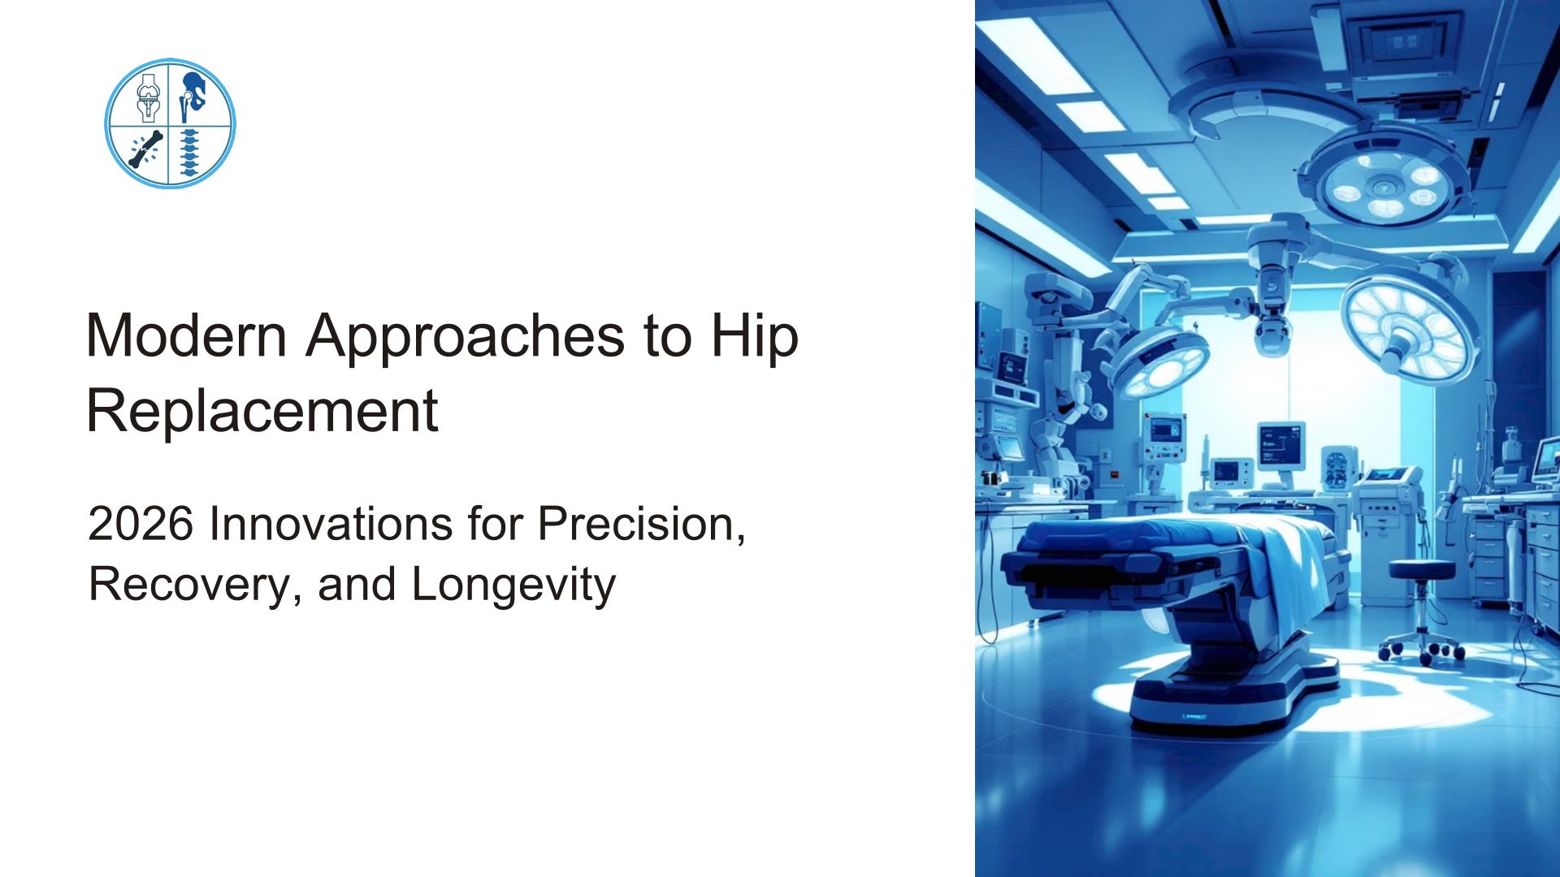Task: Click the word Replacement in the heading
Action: pos(262,410)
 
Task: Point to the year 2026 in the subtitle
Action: pos(141,524)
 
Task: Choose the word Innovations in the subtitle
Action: pos(331,524)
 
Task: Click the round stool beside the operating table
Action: pos(1422,609)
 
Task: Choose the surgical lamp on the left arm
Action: pos(1158,361)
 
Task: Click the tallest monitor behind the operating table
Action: pos(1281,444)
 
